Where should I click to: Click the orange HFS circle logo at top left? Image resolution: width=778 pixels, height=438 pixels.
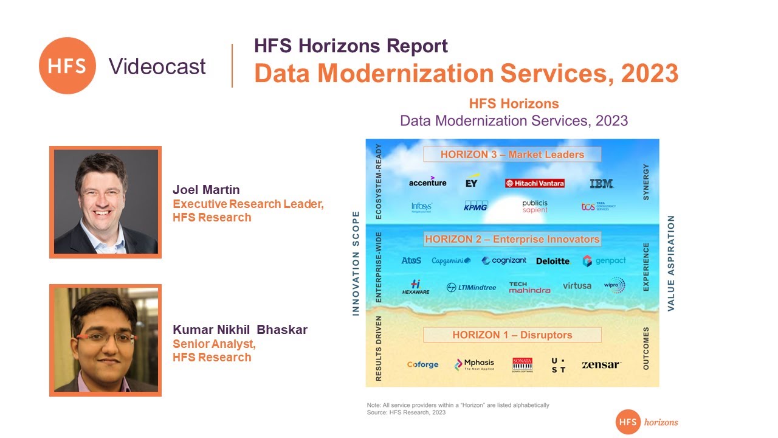point(67,66)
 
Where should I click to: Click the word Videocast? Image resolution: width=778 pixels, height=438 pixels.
point(157,66)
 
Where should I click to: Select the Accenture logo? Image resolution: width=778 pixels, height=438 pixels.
point(427,182)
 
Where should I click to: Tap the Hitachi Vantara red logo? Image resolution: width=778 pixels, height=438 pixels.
point(534,183)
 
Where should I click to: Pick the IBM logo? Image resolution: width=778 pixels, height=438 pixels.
point(601,183)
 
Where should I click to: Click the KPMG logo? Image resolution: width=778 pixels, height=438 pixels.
point(476,206)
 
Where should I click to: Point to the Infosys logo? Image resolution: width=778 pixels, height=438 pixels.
point(421,207)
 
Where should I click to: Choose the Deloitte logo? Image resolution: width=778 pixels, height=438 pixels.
point(553,261)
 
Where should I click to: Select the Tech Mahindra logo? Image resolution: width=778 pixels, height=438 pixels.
point(529,287)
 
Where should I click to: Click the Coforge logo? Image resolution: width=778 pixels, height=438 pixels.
point(422,364)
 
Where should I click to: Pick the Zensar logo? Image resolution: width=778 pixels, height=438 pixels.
point(601,364)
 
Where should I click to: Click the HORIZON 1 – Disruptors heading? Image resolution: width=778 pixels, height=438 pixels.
point(512,335)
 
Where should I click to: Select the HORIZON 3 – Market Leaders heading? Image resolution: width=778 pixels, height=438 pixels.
point(512,155)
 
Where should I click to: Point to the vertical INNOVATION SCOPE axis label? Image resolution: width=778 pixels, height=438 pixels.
point(356,263)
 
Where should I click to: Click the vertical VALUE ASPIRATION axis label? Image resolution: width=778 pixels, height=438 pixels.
point(671,263)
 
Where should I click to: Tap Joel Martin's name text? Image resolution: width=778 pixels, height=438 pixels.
point(206,190)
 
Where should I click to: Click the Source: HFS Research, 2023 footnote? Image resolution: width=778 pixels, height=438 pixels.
point(406,412)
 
